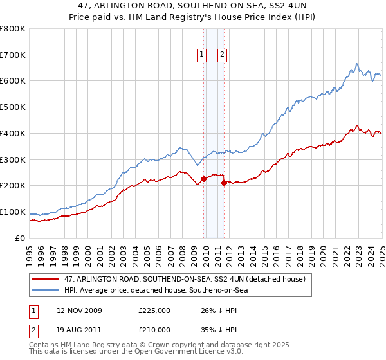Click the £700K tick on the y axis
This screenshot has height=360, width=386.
[x=13, y=55]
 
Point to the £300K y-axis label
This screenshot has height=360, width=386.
[x=13, y=159]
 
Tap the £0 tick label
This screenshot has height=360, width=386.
[x=21, y=238]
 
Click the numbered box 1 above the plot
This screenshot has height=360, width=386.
[x=202, y=55]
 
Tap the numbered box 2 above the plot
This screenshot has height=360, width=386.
[x=222, y=55]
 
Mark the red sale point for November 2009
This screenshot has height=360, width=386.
[x=203, y=179]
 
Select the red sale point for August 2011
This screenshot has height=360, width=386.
[x=224, y=183]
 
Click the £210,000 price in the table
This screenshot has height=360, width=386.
[x=154, y=330]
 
